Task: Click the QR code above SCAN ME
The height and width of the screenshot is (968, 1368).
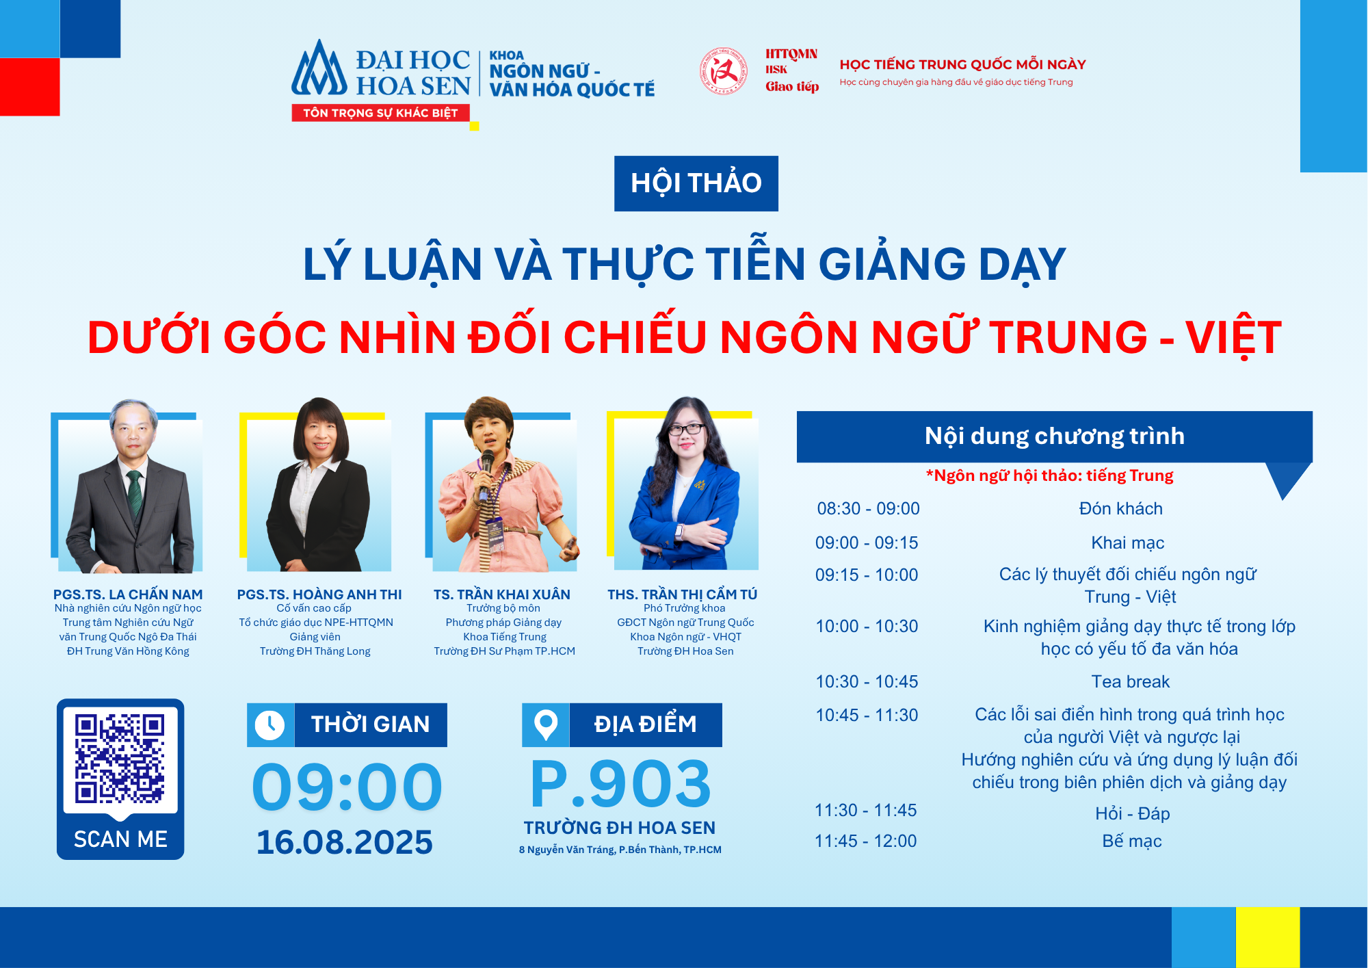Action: [120, 758]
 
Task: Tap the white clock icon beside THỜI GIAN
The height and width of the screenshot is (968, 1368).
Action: [269, 724]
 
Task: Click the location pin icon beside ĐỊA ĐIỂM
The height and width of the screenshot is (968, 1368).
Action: [545, 724]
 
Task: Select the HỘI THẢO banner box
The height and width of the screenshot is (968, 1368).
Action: [696, 183]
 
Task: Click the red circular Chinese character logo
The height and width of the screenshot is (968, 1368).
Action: [723, 71]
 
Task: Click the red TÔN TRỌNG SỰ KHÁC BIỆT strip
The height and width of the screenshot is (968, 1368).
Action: [380, 113]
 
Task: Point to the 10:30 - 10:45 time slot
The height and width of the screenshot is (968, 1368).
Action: [867, 681]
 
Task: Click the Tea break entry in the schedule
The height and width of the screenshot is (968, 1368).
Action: [1130, 681]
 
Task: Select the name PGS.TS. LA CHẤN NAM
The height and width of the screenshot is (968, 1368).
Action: [128, 594]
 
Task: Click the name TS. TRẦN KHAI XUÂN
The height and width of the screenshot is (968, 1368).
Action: [501, 594]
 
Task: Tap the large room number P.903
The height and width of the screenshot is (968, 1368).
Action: [620, 785]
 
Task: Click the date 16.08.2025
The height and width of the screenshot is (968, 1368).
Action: [344, 842]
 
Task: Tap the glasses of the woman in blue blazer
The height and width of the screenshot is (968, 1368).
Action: [685, 430]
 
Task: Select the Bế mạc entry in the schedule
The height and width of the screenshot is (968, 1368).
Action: [1131, 841]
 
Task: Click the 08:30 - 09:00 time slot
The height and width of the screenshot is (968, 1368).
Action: [868, 508]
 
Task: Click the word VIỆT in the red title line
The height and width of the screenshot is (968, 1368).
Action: [1233, 337]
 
